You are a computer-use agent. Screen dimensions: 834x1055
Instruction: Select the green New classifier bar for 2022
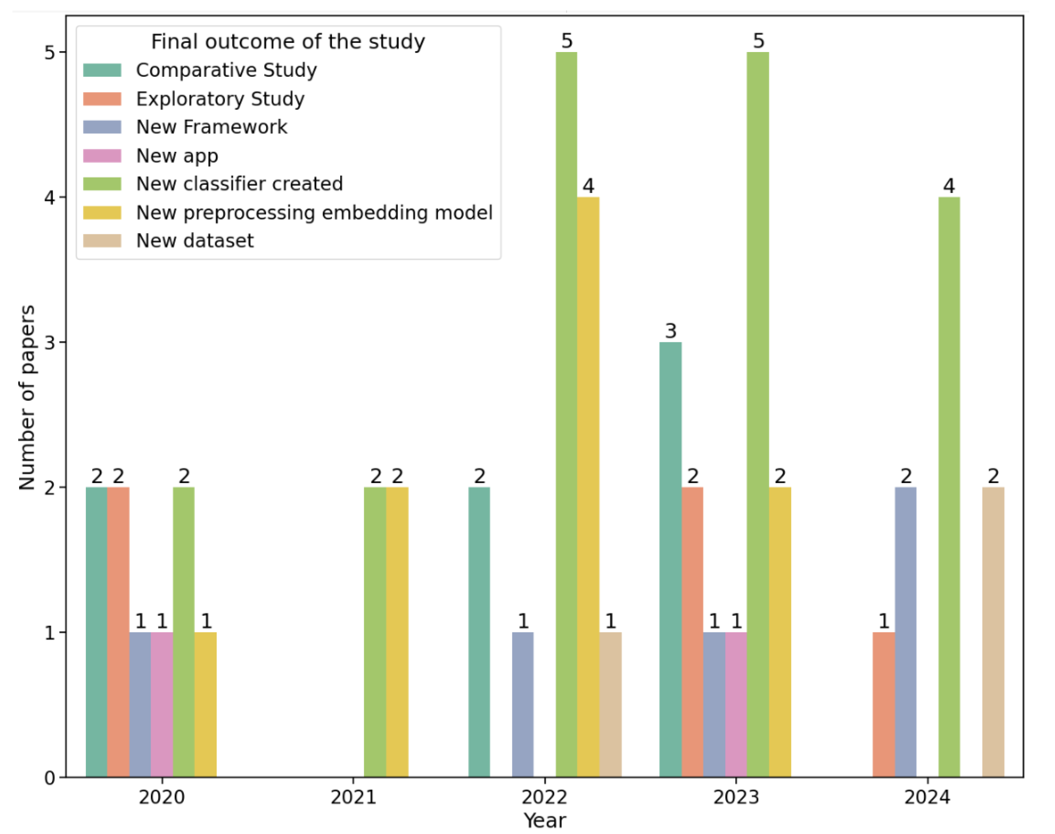pyautogui.click(x=566, y=415)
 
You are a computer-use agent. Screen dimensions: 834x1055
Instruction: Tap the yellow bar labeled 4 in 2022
pyautogui.click(x=588, y=488)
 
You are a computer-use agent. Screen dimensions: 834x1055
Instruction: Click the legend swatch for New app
pyautogui.click(x=102, y=156)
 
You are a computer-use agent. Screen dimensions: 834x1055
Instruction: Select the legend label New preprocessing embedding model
pyautogui.click(x=314, y=212)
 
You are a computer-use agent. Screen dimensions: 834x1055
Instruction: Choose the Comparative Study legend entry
pyautogui.click(x=226, y=70)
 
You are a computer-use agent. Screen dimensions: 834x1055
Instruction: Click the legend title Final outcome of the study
pyautogui.click(x=288, y=42)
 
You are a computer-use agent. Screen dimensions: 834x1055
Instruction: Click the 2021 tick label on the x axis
pyautogui.click(x=353, y=797)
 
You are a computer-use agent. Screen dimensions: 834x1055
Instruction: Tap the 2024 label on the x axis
pyautogui.click(x=927, y=797)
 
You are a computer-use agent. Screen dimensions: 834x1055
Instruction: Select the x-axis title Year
pyautogui.click(x=544, y=821)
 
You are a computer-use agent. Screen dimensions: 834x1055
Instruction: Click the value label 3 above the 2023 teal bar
pyautogui.click(x=670, y=331)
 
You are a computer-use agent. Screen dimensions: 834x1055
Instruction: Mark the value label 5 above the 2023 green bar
pyautogui.click(x=758, y=41)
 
